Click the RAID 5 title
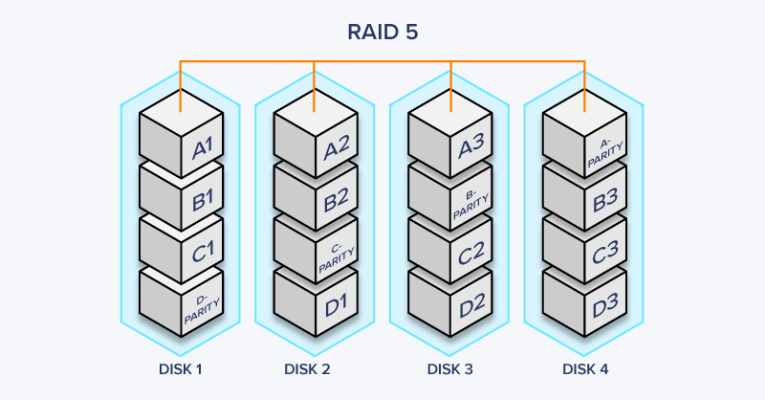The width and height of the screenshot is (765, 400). pos(382,32)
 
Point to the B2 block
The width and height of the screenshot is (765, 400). pos(315,194)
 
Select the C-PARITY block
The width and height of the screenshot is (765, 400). pos(315,248)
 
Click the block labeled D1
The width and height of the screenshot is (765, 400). pos(315,300)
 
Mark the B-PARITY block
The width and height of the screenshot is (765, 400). pos(449,194)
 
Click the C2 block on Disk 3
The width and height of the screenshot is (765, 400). pos(449,247)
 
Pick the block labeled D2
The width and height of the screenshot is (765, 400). pos(449,300)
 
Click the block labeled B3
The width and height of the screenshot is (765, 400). pos(584,194)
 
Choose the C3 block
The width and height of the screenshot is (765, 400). pos(584,247)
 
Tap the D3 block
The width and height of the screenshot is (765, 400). pos(584,300)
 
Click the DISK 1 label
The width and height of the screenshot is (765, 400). pos(180,368)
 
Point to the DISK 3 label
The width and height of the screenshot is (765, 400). pos(449,368)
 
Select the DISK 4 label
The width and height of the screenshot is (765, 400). pos(584,368)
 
